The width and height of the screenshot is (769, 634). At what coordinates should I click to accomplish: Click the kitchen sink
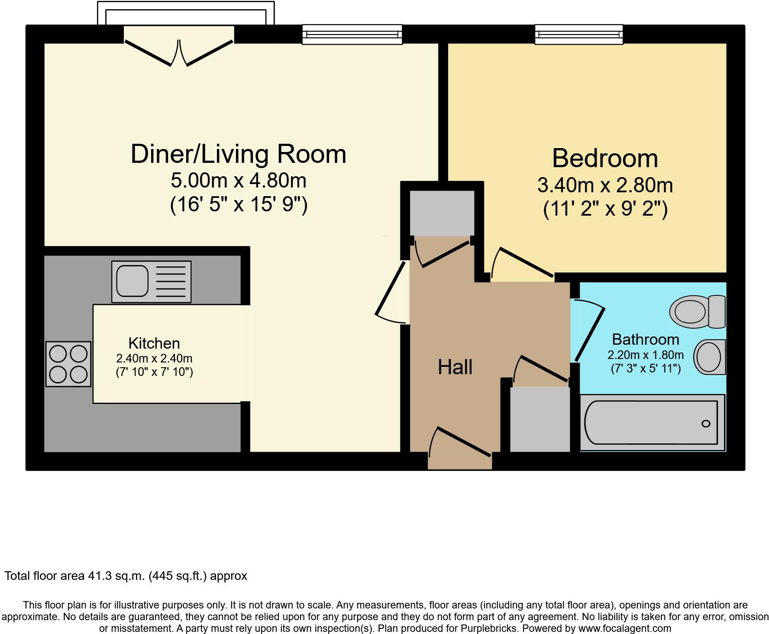click(x=151, y=281)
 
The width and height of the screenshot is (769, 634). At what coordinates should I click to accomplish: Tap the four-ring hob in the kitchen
click(x=68, y=364)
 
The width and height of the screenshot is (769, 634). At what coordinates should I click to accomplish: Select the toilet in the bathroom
click(x=697, y=311)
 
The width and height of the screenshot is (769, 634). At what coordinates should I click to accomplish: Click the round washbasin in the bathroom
click(x=710, y=357)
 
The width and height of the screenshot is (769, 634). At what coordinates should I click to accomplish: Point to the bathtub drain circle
click(x=706, y=424)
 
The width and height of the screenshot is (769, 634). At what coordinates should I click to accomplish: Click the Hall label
click(x=455, y=367)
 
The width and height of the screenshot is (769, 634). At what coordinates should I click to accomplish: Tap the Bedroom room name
click(x=605, y=158)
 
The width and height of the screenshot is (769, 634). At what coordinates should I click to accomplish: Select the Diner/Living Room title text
click(x=239, y=154)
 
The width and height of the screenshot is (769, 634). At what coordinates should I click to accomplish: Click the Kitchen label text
click(x=154, y=343)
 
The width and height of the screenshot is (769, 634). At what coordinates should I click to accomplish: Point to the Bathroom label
click(x=646, y=339)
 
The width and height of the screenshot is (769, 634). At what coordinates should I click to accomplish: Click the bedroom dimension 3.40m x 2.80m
click(x=605, y=185)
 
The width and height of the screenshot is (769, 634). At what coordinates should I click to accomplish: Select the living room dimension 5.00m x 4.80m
click(x=239, y=181)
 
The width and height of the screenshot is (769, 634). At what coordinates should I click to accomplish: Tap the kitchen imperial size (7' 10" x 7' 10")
click(x=154, y=372)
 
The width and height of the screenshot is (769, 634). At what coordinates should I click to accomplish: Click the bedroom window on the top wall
click(x=579, y=34)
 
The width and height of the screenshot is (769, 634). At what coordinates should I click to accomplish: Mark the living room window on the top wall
click(x=352, y=34)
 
